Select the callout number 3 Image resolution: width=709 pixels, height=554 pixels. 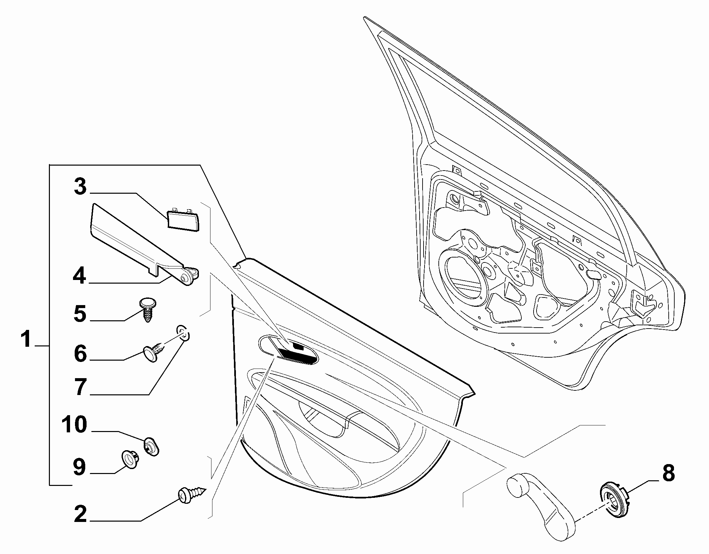(80, 187)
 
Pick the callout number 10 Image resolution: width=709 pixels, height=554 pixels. (75, 425)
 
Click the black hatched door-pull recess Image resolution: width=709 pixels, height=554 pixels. (296, 355)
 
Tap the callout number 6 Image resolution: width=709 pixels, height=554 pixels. (80, 354)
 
